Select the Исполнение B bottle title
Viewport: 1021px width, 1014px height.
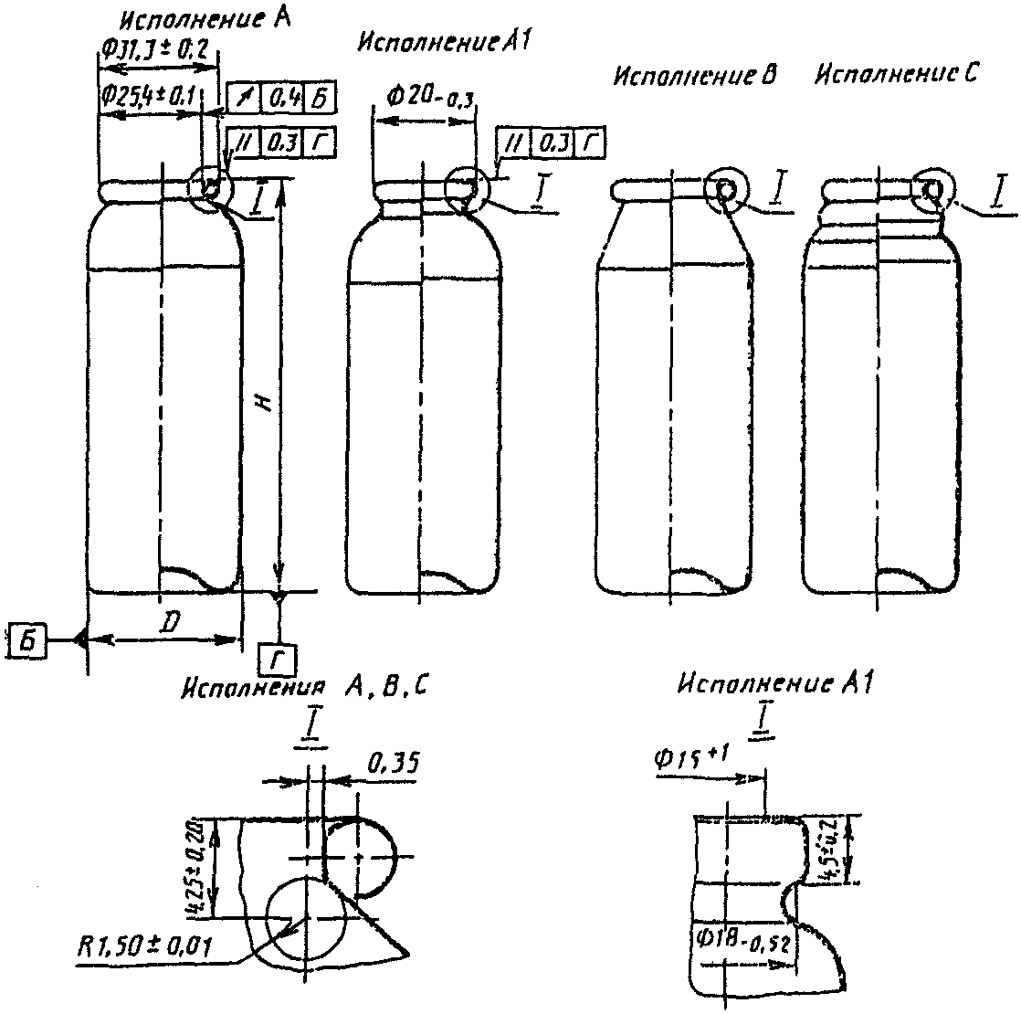694,76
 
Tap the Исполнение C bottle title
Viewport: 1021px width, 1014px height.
895,75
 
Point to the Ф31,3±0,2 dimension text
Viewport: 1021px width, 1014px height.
154,49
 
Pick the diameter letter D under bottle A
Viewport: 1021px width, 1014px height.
168,622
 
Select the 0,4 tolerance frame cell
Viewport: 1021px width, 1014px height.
283,97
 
